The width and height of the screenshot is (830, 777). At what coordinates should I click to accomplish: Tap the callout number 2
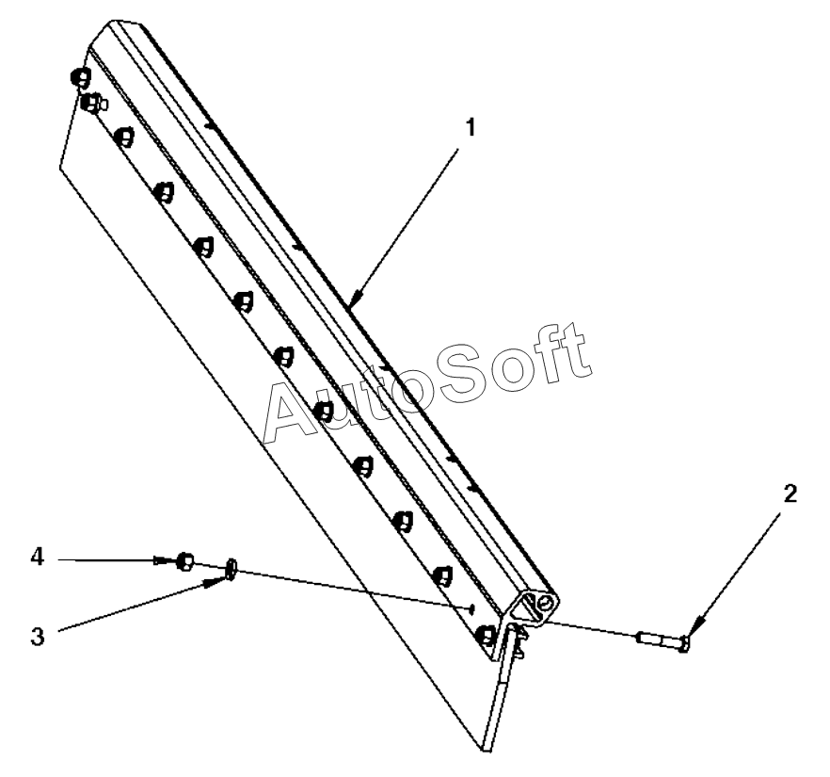[790, 493]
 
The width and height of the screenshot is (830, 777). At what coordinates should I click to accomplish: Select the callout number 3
[37, 636]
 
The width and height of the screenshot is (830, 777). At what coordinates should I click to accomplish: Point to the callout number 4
[37, 558]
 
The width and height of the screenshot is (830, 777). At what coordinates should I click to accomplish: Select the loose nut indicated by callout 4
[185, 562]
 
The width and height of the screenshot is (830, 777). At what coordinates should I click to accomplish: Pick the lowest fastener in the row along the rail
[487, 637]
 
